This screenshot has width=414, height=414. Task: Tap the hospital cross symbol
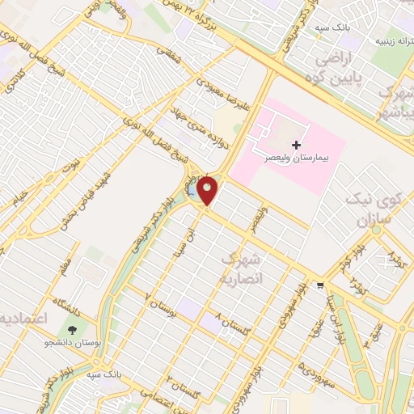tap(307, 144)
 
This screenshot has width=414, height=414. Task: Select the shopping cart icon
tap(321, 285)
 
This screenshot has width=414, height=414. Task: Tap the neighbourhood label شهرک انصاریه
tap(242, 268)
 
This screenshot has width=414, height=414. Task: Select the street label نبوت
tap(71, 166)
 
